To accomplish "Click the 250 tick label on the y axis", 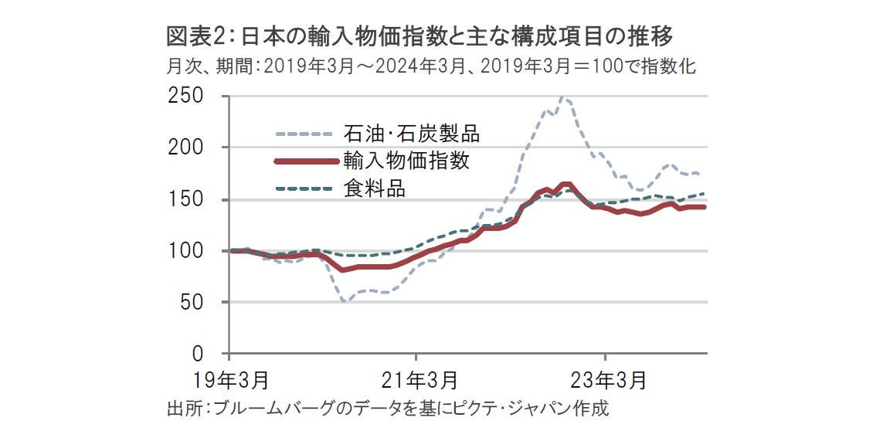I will tap(187, 97).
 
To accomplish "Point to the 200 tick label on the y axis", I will tap(187, 148).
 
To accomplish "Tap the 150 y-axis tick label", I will tap(187, 199).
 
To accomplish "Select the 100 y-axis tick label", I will tap(187, 251).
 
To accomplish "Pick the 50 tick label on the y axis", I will tap(193, 303).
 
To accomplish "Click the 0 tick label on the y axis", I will tap(198, 355).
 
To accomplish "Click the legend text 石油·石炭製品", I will tap(411, 134).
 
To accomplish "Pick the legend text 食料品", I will tap(374, 188).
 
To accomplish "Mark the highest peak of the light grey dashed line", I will tap(563, 98).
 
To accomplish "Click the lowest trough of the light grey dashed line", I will tap(345, 300).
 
